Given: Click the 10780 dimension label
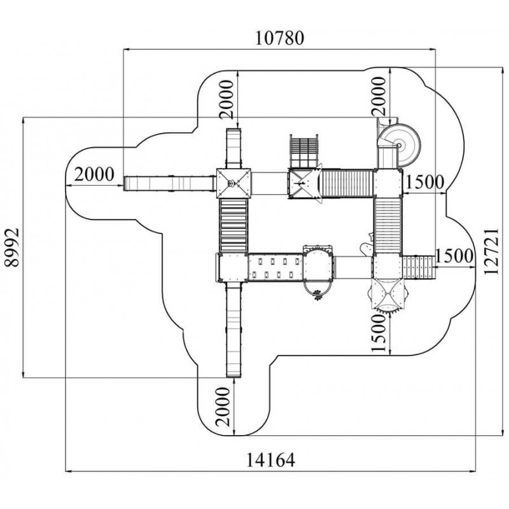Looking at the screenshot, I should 280,38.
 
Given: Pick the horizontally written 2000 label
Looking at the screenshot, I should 94,173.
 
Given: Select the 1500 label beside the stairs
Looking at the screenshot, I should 455,256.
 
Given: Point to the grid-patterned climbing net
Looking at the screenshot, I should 303,150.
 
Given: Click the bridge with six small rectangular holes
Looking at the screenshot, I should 275,267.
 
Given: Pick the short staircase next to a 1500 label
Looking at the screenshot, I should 418,266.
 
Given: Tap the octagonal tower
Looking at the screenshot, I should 386,292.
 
